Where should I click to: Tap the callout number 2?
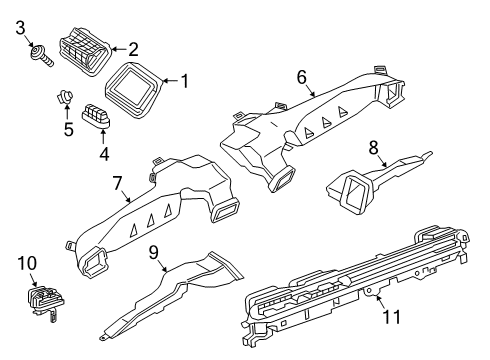[133, 47]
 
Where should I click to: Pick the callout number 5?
[68, 129]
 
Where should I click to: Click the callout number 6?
[300, 76]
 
